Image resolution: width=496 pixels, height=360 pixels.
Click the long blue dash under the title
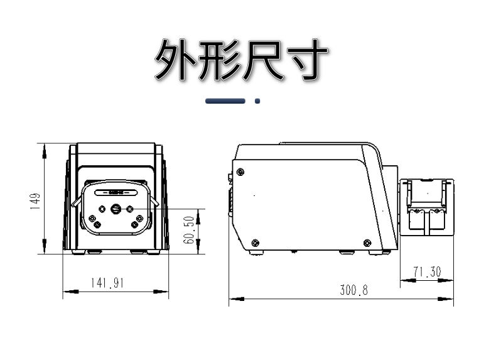click(x=225, y=101)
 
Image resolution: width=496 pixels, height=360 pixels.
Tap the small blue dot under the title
click(x=257, y=101)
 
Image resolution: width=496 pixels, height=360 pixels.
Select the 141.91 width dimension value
click(x=107, y=283)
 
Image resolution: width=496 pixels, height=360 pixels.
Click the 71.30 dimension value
click(x=427, y=272)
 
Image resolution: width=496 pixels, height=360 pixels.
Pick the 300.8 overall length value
click(x=354, y=290)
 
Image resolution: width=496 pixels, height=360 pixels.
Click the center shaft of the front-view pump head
click(x=116, y=209)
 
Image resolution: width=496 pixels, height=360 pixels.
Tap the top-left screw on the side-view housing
click(x=240, y=172)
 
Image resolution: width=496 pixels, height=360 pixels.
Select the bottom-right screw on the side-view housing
click(x=367, y=243)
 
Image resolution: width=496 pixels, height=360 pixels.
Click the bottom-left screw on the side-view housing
click(x=255, y=243)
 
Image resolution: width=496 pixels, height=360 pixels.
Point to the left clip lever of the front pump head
click(x=77, y=202)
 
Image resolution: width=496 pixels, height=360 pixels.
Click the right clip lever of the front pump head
click(x=154, y=201)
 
